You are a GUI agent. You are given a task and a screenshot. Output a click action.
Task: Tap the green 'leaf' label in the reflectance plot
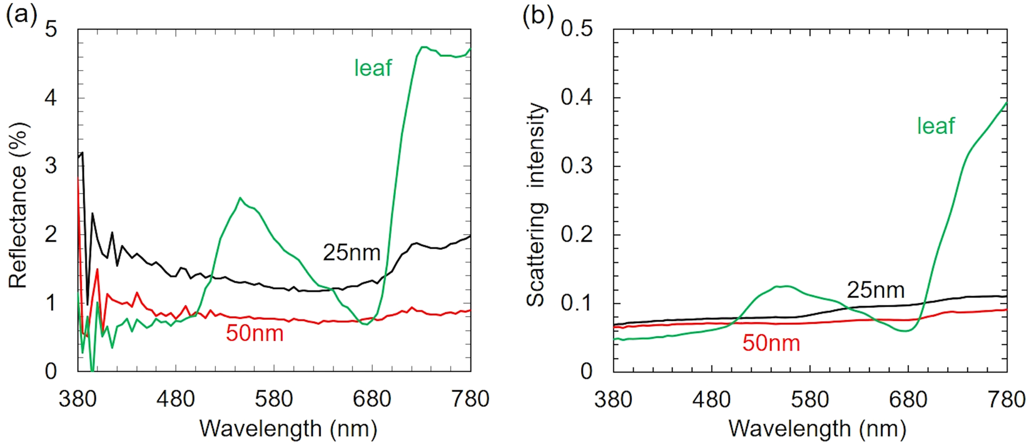click(x=373, y=68)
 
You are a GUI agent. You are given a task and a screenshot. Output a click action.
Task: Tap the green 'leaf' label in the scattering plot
click(x=936, y=126)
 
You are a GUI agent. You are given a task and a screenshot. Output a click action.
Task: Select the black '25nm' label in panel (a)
click(x=352, y=252)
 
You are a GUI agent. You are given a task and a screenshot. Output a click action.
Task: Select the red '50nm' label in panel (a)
click(x=255, y=333)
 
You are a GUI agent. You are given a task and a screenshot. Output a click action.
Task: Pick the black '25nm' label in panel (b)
click(x=876, y=290)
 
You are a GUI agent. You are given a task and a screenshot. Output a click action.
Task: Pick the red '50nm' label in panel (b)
click(x=771, y=342)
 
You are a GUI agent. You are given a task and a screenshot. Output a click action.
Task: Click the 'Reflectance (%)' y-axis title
click(x=19, y=205)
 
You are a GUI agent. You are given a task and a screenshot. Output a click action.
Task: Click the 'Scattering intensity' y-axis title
click(x=536, y=205)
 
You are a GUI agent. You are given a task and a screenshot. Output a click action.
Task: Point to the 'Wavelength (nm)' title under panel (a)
click(x=288, y=429)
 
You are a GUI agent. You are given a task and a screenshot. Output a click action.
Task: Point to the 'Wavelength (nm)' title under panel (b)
click(x=818, y=429)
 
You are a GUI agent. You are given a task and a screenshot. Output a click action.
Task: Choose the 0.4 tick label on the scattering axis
click(x=576, y=97)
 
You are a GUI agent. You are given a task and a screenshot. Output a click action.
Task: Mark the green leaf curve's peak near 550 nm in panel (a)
click(x=240, y=198)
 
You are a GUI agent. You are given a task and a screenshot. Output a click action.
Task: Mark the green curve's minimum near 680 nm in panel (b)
click(x=905, y=331)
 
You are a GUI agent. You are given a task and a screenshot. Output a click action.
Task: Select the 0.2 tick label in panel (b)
click(x=576, y=235)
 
